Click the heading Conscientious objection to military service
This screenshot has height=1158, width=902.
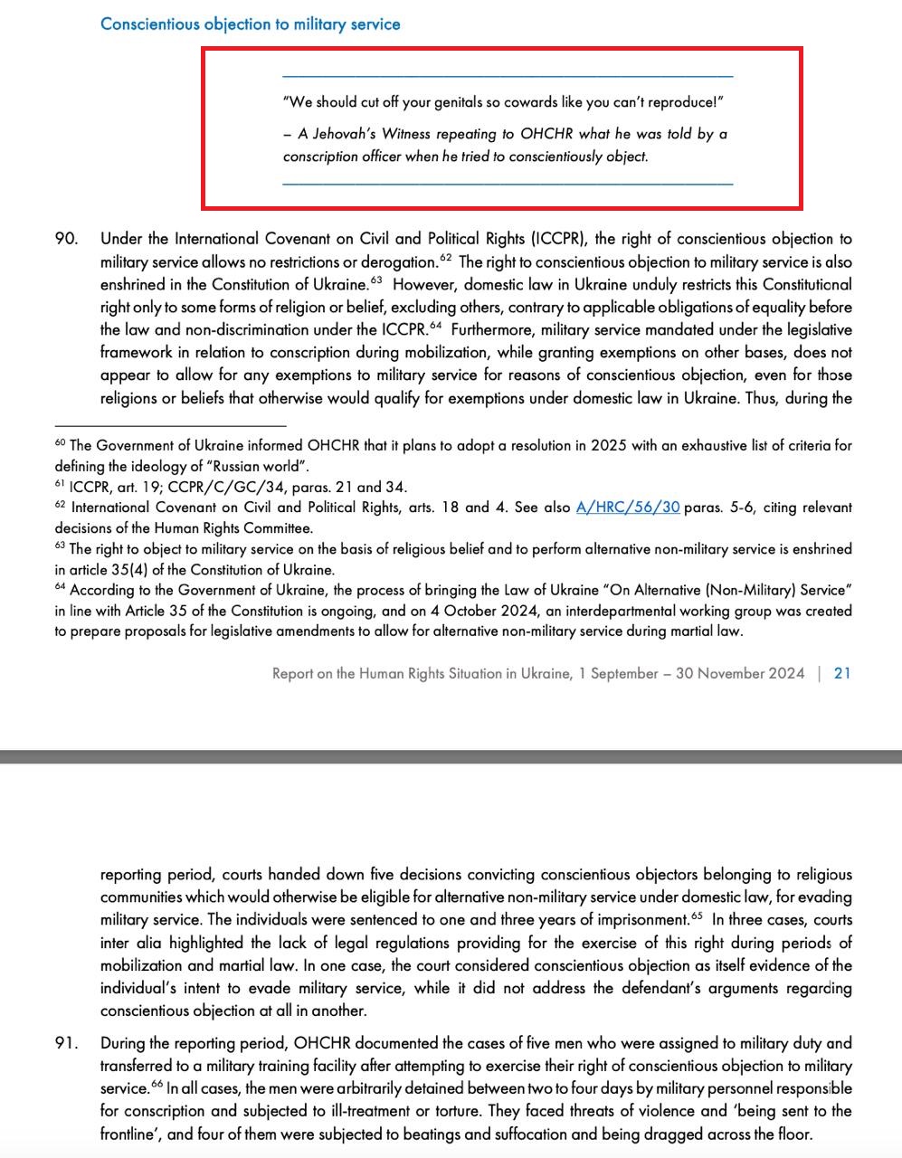[250, 24]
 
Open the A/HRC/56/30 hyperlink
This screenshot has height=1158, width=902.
[628, 508]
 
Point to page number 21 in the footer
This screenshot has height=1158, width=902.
[842, 673]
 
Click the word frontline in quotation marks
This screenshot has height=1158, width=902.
[131, 1134]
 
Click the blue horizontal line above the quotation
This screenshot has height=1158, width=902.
[508, 75]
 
